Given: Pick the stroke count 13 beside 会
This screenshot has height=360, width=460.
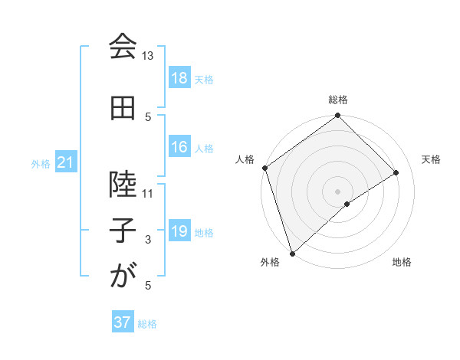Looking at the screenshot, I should point(148,56).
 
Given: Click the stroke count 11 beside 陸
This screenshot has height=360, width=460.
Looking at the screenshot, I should point(148,194).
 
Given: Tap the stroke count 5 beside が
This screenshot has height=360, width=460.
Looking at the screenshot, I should point(148,286).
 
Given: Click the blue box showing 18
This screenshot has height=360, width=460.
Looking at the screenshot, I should point(179,79).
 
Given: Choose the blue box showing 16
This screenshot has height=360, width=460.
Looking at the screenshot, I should point(179,148).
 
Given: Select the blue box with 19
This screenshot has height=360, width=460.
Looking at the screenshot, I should point(179,232).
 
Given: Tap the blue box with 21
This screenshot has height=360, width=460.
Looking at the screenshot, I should point(65,163).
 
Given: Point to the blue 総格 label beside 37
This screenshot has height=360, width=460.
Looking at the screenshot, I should point(147,323).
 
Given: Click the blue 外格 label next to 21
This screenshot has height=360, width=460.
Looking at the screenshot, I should point(40,164).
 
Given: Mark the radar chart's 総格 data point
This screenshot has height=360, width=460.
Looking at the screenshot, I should point(337,116).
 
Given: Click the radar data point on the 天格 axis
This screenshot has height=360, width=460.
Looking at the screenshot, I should point(396,172).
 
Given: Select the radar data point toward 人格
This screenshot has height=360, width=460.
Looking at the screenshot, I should point(264,168).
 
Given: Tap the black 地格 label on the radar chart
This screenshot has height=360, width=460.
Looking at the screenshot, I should point(402,262).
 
